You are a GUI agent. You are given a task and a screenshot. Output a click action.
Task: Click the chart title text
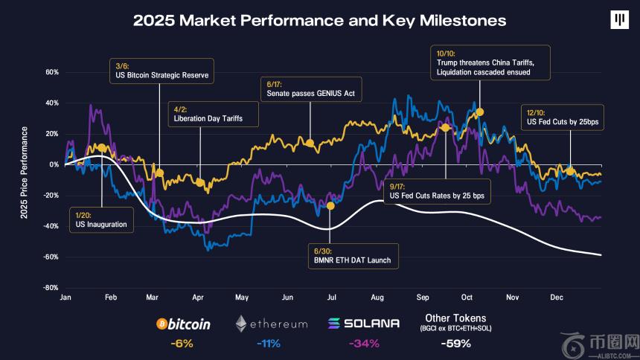tap(319, 21)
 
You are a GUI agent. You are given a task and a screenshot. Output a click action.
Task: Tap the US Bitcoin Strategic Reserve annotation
tap(161, 70)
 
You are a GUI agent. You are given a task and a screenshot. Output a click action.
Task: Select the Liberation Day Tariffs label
tap(208, 113)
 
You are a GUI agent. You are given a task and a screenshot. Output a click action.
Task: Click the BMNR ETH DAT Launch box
tap(353, 255)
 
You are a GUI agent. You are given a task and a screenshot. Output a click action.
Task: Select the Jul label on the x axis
tap(330, 297)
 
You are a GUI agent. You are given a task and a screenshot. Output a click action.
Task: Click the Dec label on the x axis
tap(556, 297)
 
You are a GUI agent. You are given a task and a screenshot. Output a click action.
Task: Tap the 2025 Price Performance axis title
tap(25, 172)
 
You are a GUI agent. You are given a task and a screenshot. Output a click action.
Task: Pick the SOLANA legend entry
tap(363, 324)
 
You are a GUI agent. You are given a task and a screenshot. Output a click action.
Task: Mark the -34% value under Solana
tap(364, 344)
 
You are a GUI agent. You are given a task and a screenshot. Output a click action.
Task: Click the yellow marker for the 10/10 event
tap(480, 112)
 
